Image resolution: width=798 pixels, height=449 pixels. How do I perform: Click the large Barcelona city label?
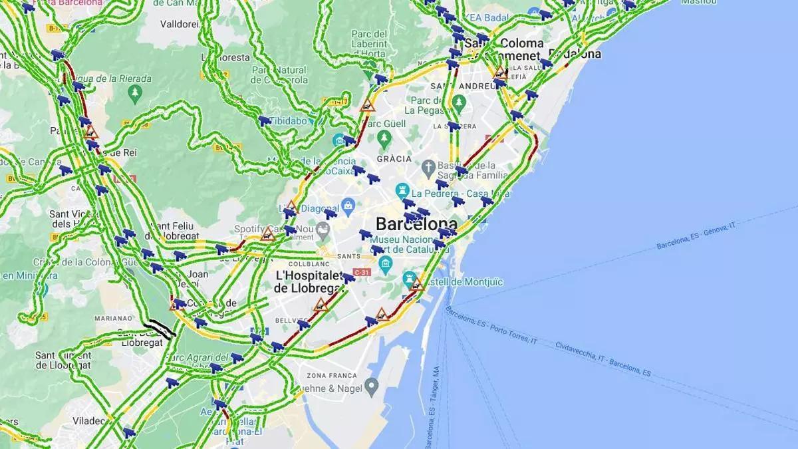416,224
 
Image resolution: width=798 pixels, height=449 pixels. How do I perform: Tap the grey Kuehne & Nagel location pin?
372,384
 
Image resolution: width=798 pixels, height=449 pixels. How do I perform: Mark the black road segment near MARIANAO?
160,328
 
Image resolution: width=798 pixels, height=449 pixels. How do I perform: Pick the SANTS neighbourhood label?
348,256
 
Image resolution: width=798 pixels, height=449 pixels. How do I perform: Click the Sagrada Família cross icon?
430,166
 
